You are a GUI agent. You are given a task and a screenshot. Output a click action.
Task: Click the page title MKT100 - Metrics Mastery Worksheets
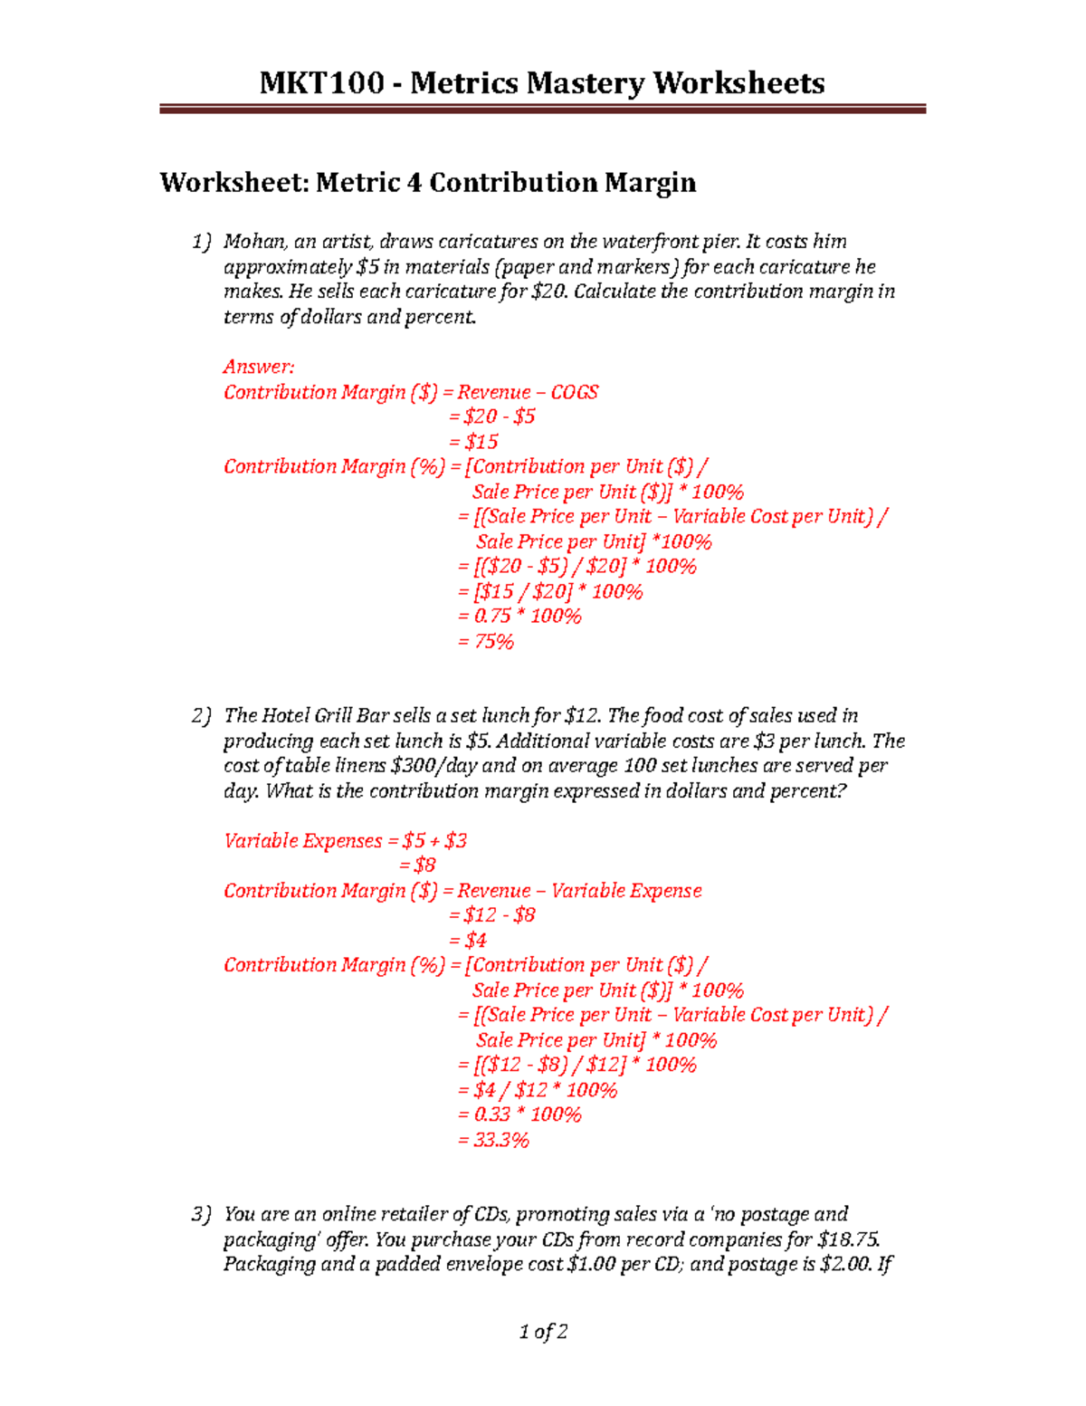click(541, 83)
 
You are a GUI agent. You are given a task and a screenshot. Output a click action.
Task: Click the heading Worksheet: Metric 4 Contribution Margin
click(428, 183)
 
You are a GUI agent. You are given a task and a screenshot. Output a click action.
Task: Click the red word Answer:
click(259, 367)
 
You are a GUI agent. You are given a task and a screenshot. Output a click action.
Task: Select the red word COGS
click(575, 392)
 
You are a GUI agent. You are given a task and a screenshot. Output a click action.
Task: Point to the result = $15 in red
click(473, 442)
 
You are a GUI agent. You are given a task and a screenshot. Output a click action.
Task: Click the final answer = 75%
click(485, 642)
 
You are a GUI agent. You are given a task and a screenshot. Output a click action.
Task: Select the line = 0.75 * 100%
click(519, 617)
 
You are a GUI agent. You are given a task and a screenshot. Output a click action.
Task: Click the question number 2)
click(201, 716)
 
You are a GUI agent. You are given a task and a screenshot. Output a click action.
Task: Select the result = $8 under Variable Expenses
click(417, 866)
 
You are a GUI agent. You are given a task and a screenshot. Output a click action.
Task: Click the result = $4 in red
click(468, 941)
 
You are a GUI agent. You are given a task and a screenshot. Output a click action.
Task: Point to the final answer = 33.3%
click(493, 1141)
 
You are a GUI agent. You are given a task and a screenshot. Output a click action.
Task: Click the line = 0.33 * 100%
click(519, 1115)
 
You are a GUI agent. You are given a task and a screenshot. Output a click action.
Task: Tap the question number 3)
click(201, 1215)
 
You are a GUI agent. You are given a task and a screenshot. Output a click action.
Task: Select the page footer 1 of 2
click(543, 1332)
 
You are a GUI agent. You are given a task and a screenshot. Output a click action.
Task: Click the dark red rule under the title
click(542, 110)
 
